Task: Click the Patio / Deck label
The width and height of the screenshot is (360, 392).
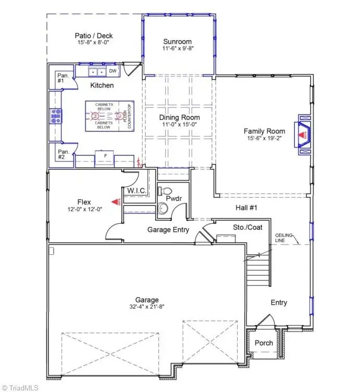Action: point(94,36)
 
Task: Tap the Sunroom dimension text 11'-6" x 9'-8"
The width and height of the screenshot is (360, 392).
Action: point(177,50)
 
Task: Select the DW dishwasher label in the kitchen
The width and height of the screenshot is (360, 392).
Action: point(113,71)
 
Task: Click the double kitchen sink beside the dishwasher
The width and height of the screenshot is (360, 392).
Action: point(97,72)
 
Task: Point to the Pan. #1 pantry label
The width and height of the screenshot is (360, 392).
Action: point(60,78)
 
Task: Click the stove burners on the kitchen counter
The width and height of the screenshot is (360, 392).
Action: point(55,116)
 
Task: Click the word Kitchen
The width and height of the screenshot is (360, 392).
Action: point(102,85)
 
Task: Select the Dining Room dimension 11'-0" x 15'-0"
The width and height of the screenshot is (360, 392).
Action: point(179,125)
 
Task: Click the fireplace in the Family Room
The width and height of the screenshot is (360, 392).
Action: point(303,135)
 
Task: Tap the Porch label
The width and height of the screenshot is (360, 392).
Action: point(263,343)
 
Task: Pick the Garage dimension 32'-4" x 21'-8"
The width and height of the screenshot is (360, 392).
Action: point(147,308)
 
